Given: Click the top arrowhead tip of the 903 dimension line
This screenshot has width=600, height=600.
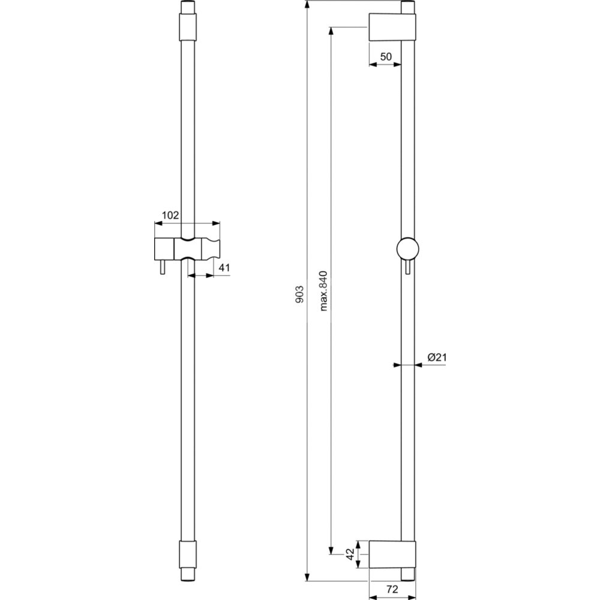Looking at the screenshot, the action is [x=307, y=1].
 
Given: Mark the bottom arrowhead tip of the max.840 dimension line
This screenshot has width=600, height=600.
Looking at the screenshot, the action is [x=331, y=554].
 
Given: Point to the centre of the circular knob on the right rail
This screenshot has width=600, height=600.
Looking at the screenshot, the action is [x=407, y=249].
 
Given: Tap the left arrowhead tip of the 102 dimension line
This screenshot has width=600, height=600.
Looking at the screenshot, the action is [x=154, y=223].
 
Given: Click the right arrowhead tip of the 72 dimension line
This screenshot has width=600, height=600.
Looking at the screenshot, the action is [x=416, y=596].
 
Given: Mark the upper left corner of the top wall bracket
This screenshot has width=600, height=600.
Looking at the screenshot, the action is [x=369, y=14].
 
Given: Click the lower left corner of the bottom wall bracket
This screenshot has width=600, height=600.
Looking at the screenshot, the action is [x=369, y=568].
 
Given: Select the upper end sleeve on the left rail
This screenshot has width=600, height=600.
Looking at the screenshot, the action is [x=187, y=27].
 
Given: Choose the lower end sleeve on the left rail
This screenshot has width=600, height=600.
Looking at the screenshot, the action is [x=187, y=554].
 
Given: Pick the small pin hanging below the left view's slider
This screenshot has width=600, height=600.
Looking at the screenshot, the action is [x=163, y=267].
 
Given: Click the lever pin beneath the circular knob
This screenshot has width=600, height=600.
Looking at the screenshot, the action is [x=407, y=267].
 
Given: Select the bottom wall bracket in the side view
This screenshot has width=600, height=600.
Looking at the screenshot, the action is [x=392, y=554].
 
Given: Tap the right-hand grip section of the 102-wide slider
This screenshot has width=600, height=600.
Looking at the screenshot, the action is [x=211, y=249].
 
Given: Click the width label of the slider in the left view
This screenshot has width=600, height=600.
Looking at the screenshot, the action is [x=170, y=215].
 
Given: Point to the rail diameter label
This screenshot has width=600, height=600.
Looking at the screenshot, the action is [x=437, y=358].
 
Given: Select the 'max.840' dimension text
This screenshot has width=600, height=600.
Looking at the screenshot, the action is [x=324, y=291].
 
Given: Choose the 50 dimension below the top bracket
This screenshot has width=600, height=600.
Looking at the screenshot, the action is [x=386, y=56].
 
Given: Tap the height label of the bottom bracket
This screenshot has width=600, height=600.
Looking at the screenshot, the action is [x=350, y=554].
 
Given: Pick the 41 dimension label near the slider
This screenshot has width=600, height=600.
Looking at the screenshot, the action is [x=224, y=268].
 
